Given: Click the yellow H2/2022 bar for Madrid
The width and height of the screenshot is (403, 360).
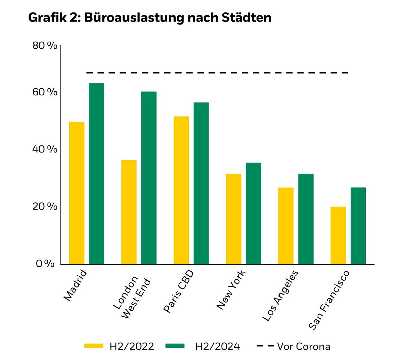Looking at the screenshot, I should (77, 193).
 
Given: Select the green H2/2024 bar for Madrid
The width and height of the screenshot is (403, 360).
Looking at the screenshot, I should (96, 174).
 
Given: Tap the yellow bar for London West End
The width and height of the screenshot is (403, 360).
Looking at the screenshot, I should (129, 212).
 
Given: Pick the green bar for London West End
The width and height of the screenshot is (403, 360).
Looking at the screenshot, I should (149, 178).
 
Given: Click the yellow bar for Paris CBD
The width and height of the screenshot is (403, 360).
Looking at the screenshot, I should (181, 190).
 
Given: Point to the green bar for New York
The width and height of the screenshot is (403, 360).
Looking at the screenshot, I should (254, 214).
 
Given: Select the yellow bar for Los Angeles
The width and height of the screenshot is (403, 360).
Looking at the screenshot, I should (286, 226).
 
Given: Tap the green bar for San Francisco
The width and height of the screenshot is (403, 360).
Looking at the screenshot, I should (358, 226).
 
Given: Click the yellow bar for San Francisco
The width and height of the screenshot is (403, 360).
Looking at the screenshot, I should (338, 235).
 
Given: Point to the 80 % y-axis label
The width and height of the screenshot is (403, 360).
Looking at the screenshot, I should (45, 46).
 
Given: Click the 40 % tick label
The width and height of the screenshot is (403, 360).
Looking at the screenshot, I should (45, 149).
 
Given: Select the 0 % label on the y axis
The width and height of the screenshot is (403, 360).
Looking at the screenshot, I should (45, 264).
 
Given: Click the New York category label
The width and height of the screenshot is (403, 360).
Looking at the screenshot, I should (231, 289).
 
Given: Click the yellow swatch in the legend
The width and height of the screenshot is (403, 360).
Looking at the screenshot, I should (94, 346).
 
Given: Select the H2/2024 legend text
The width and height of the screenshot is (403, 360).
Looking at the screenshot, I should (217, 346).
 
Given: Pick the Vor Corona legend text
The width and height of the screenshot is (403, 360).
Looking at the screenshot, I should (304, 346).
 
